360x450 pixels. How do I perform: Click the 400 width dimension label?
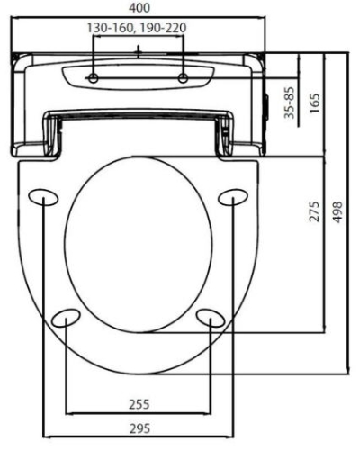point(139,8)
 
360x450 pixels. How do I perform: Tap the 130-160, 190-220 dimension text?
point(137,28)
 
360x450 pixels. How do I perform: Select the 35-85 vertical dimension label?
point(290,103)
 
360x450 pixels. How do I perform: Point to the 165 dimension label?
point(315,103)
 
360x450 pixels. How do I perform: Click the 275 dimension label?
point(314,211)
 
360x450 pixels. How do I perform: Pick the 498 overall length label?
point(337,212)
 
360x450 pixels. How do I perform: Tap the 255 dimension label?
point(139,404)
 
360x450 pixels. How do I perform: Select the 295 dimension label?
point(139,428)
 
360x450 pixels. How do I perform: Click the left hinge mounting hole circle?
point(94,78)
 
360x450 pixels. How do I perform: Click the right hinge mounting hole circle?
point(183,78)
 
